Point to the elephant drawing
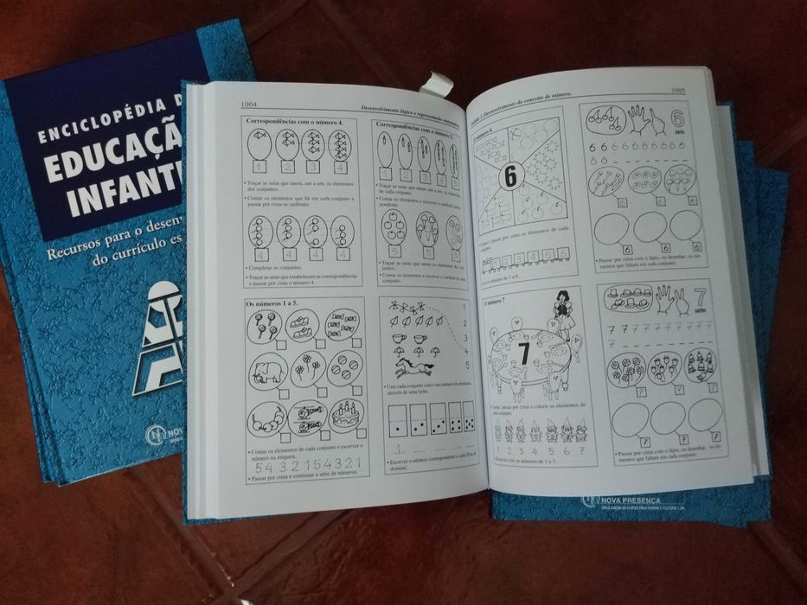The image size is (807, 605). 267,373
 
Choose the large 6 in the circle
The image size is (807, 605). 510,176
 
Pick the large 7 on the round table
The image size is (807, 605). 523,353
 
